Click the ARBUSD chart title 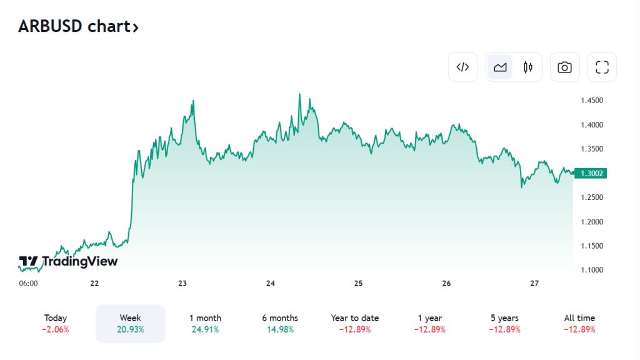point(78,26)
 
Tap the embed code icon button point(462,67)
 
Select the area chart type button point(500,67)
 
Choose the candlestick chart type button point(528,67)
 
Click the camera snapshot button point(564,67)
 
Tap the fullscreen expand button point(602,67)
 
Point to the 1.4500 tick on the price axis point(592,101)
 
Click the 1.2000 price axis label point(592,222)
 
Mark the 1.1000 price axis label point(592,270)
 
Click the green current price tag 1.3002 point(591,173)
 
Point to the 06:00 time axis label point(28,284)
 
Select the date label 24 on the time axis point(271,284)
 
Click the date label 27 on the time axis point(534,284)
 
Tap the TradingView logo point(68,261)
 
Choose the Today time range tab point(56,323)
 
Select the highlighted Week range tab point(130,323)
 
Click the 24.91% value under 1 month point(205,329)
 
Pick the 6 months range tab point(280,323)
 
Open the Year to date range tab point(355,323)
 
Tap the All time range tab point(579,323)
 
